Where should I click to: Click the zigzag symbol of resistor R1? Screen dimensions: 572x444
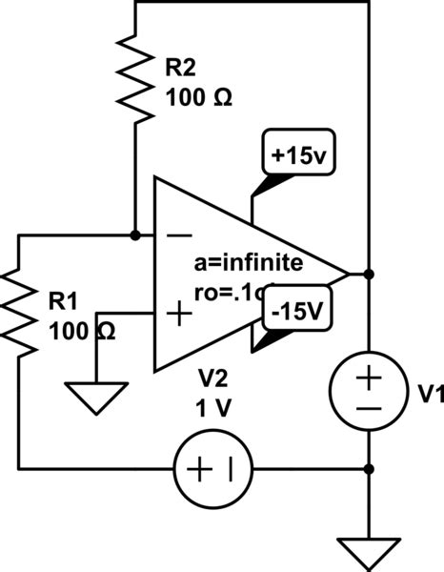20,310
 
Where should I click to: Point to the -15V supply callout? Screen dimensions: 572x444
298,311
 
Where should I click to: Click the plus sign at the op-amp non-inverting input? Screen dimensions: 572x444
177,314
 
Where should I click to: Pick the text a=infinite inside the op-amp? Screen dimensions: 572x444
247,261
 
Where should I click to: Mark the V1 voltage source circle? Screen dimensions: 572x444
370,392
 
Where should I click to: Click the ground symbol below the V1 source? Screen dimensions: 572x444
370,550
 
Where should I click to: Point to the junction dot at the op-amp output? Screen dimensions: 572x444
370,274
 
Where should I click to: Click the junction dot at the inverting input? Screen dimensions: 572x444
136,234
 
